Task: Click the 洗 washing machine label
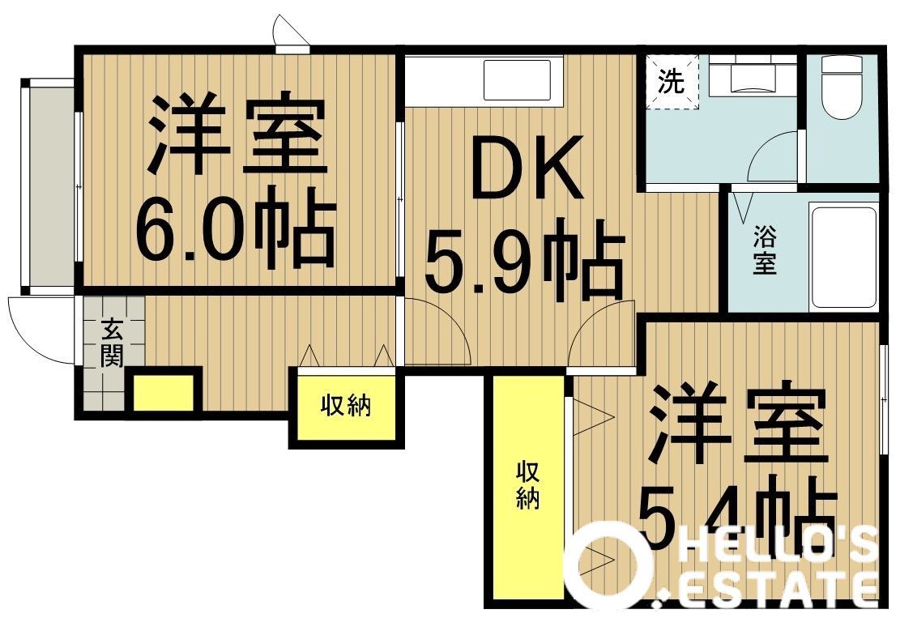coord(672,82)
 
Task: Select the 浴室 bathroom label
coord(765,249)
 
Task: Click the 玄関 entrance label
coord(113,343)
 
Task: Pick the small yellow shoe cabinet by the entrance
coord(164,393)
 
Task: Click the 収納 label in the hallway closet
coord(346,406)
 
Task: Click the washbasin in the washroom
coord(752,76)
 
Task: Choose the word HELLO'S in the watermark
coord(778,546)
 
